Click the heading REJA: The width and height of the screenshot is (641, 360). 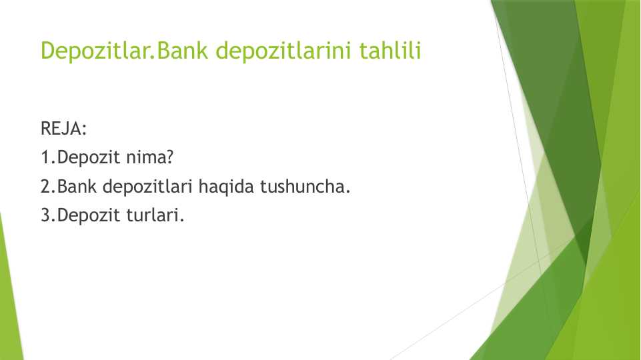(64, 129)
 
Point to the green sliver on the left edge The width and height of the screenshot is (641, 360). (9, 300)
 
